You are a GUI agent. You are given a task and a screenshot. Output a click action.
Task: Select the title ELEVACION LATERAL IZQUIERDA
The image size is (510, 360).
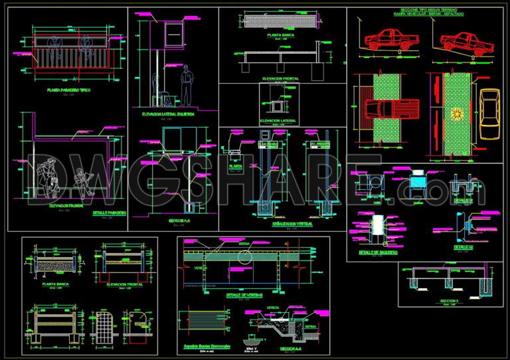click(x=168, y=114)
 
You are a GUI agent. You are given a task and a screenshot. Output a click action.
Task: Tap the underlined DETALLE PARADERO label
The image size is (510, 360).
click(x=110, y=213)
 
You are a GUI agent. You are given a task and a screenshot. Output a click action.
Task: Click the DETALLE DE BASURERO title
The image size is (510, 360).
click(x=379, y=252)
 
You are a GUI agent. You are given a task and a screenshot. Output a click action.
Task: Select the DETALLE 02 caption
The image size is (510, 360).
click(x=464, y=246)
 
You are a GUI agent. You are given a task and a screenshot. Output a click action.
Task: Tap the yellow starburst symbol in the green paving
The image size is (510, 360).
click(x=456, y=114)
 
